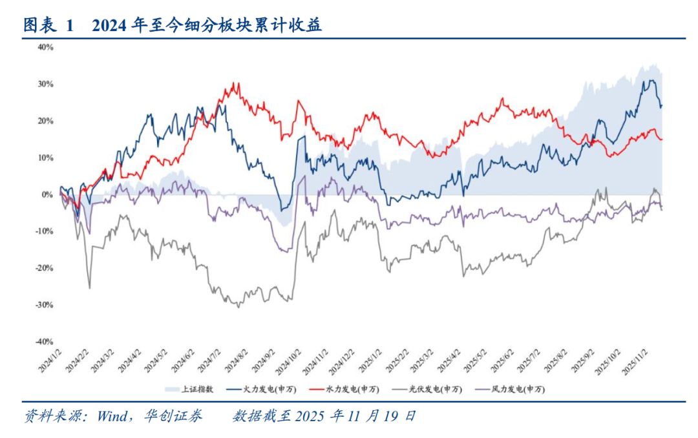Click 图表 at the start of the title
pos(38,26)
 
